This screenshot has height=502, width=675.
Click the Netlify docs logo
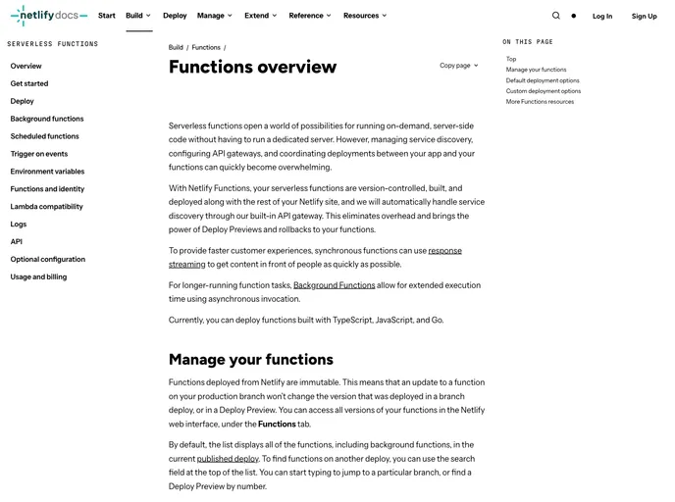(49, 16)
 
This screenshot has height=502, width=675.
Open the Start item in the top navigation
(106, 16)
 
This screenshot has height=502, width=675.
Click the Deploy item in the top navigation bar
(175, 16)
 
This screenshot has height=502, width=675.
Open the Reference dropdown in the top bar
(309, 16)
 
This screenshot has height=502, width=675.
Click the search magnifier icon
(556, 16)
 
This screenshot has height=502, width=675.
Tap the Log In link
(602, 16)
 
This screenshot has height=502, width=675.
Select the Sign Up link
(645, 16)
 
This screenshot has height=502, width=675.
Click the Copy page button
(458, 66)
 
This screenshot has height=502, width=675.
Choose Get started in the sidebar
(29, 83)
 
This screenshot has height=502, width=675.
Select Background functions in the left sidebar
(47, 119)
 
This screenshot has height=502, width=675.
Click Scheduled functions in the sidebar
(45, 136)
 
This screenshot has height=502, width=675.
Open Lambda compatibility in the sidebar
(46, 207)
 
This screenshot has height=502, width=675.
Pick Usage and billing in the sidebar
(38, 277)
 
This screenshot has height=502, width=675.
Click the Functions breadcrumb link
(206, 47)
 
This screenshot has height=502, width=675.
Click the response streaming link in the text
(444, 251)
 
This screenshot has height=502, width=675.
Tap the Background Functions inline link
(334, 285)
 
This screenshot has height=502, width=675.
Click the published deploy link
(228, 458)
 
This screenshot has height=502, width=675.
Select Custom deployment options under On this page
(544, 91)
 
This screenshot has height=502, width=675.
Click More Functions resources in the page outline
(540, 102)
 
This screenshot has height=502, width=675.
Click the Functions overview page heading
(252, 67)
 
